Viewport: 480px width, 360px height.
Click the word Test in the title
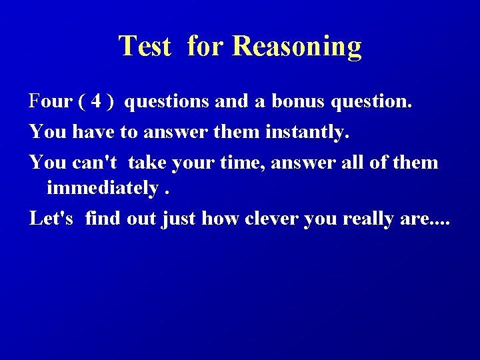(145, 47)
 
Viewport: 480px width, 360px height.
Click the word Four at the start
(51, 102)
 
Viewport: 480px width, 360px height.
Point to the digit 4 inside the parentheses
(97, 102)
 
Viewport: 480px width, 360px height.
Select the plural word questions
(167, 102)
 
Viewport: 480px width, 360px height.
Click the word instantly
(307, 132)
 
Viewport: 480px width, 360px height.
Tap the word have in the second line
(91, 132)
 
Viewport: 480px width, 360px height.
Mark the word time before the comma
(232, 162)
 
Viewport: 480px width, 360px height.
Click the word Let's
(52, 218)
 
